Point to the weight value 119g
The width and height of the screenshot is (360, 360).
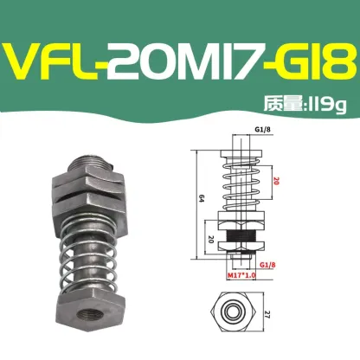click(x=326, y=106)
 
